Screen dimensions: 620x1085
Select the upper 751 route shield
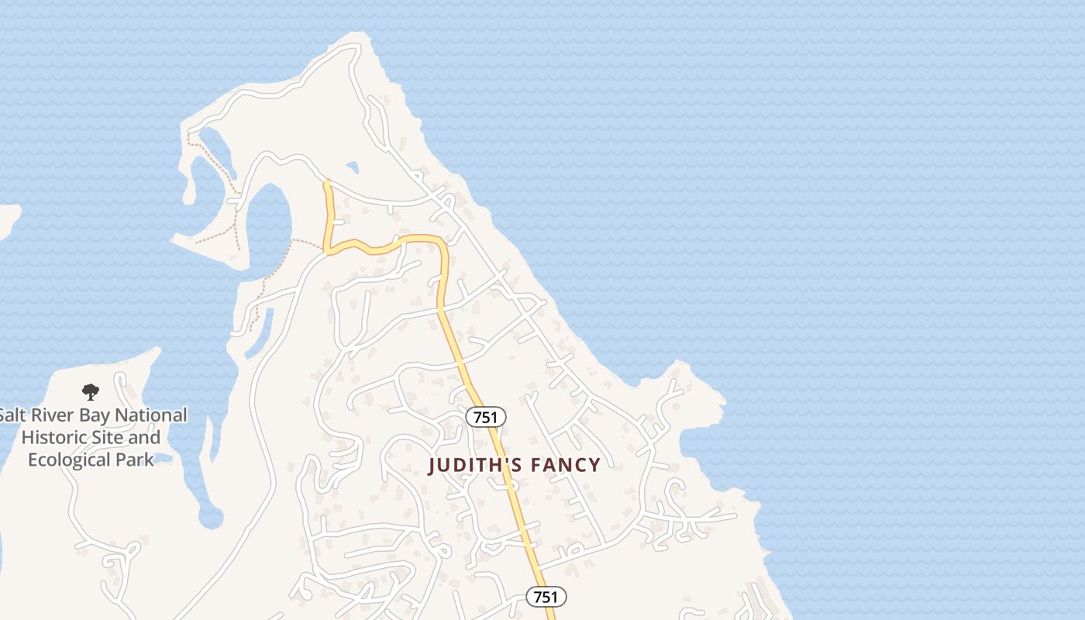[485, 417]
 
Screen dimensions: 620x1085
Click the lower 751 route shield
[546, 597]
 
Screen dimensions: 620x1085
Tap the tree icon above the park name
[91, 392]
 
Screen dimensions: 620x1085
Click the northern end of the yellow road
[327, 183]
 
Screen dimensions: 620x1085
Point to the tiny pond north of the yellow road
[353, 167]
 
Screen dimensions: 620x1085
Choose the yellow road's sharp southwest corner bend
[329, 250]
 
